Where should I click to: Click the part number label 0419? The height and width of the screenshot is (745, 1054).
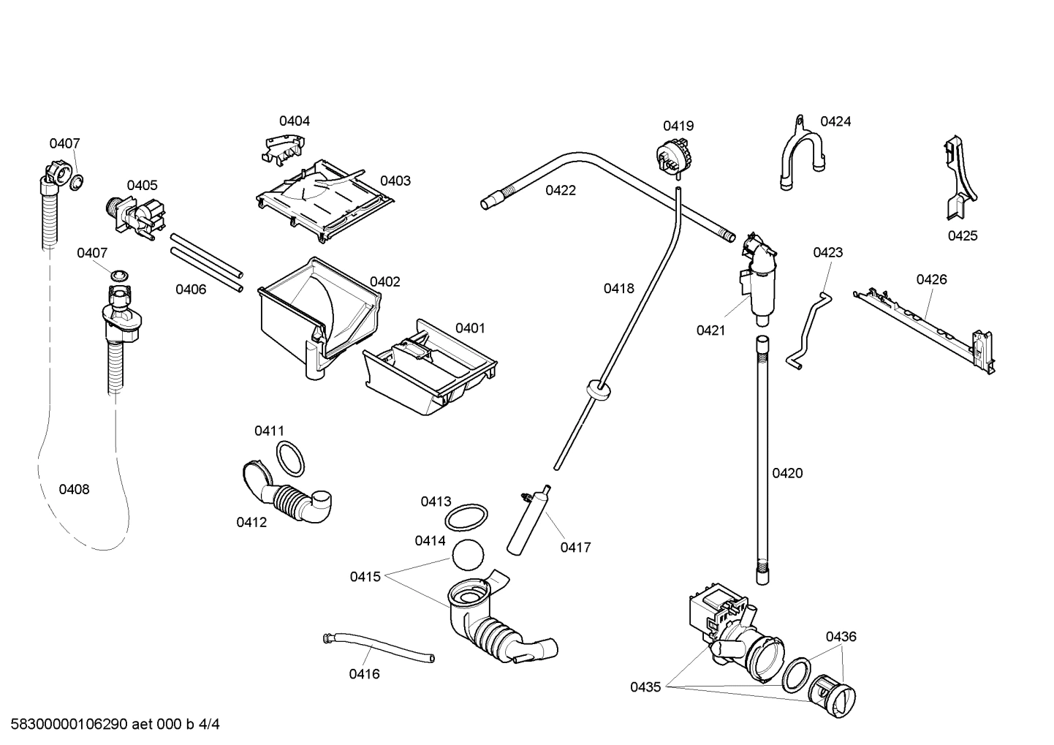[x=678, y=126]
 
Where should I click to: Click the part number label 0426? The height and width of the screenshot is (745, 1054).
[x=931, y=279]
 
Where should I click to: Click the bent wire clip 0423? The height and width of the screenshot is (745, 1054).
[x=810, y=330]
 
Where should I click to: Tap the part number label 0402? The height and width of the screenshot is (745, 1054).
[x=384, y=281]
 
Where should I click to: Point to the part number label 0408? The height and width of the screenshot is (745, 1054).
[x=74, y=489]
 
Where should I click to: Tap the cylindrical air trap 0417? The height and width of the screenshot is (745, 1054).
[x=528, y=521]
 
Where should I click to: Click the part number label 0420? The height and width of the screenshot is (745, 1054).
[x=787, y=473]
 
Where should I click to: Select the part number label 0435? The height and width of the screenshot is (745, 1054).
[x=645, y=687]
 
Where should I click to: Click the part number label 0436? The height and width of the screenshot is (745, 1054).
[x=841, y=637]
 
